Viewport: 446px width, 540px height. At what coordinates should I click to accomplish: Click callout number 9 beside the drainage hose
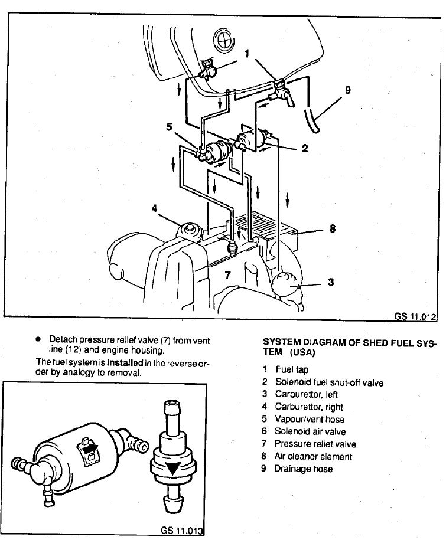[x=347, y=90]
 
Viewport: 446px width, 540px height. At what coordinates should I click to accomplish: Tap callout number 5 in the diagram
[x=170, y=126]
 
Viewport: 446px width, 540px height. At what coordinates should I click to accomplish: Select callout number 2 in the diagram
[x=305, y=149]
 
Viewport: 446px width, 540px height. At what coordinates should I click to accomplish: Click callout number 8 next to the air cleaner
[x=333, y=228]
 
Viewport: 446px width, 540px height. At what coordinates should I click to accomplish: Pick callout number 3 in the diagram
[x=331, y=282]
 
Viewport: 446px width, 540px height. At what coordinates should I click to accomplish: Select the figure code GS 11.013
[x=181, y=530]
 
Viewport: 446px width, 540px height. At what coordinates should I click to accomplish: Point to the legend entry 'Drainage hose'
[x=304, y=469]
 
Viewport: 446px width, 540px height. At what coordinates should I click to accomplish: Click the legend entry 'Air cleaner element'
[x=313, y=457]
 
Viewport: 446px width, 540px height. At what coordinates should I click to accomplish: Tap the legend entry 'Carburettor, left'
[x=306, y=394]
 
